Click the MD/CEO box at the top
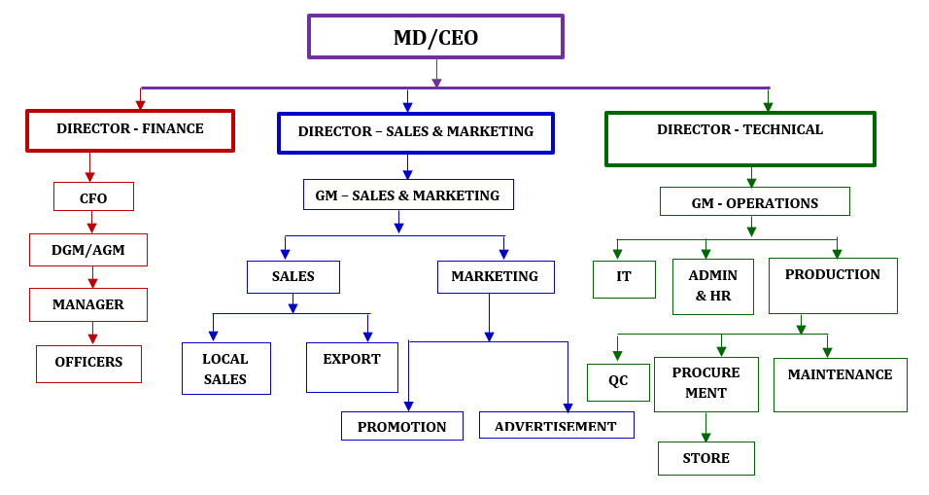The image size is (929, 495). [435, 37]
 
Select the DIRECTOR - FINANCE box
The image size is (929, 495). [130, 130]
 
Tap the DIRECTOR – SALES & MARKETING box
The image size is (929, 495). [416, 132]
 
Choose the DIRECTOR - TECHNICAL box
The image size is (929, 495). [740, 138]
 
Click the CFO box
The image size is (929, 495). [93, 197]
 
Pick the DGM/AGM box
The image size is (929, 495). [88, 250]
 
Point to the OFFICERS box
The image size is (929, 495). [88, 364]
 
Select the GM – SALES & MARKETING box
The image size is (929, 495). [408, 195]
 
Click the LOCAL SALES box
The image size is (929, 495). [225, 369]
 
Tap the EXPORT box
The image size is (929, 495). [352, 367]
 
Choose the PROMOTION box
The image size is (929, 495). [402, 426]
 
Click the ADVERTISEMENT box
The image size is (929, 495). [556, 425]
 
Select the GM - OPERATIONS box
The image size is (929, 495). [755, 202]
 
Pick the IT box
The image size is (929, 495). [624, 279]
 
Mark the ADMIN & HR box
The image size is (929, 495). [712, 286]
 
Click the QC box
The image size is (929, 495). [618, 382]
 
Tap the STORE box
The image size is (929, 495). [706, 458]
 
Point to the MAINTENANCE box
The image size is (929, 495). [840, 384]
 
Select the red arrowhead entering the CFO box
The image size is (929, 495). [90, 177]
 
